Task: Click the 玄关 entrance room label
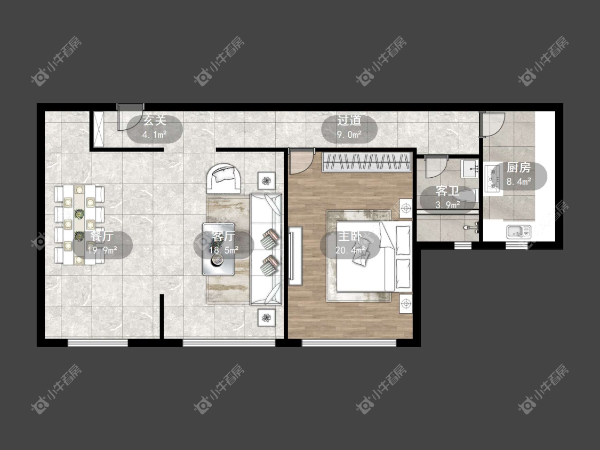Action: coord(155,121)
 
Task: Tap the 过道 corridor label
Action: coord(349,121)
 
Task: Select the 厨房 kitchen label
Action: coord(518,168)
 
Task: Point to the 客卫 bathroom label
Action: coord(447,192)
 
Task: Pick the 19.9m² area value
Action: coord(102,250)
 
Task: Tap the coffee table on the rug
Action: coord(218,249)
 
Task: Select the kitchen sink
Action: coord(518,232)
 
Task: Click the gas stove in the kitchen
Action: coord(491,178)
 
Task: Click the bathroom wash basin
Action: coord(469,169)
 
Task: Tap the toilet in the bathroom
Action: coord(471,227)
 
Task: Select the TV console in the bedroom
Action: coord(295,256)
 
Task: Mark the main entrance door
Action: coord(130,117)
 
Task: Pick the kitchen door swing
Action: coord(492,124)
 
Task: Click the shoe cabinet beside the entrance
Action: coord(99,129)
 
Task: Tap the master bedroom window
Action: coord(349,343)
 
